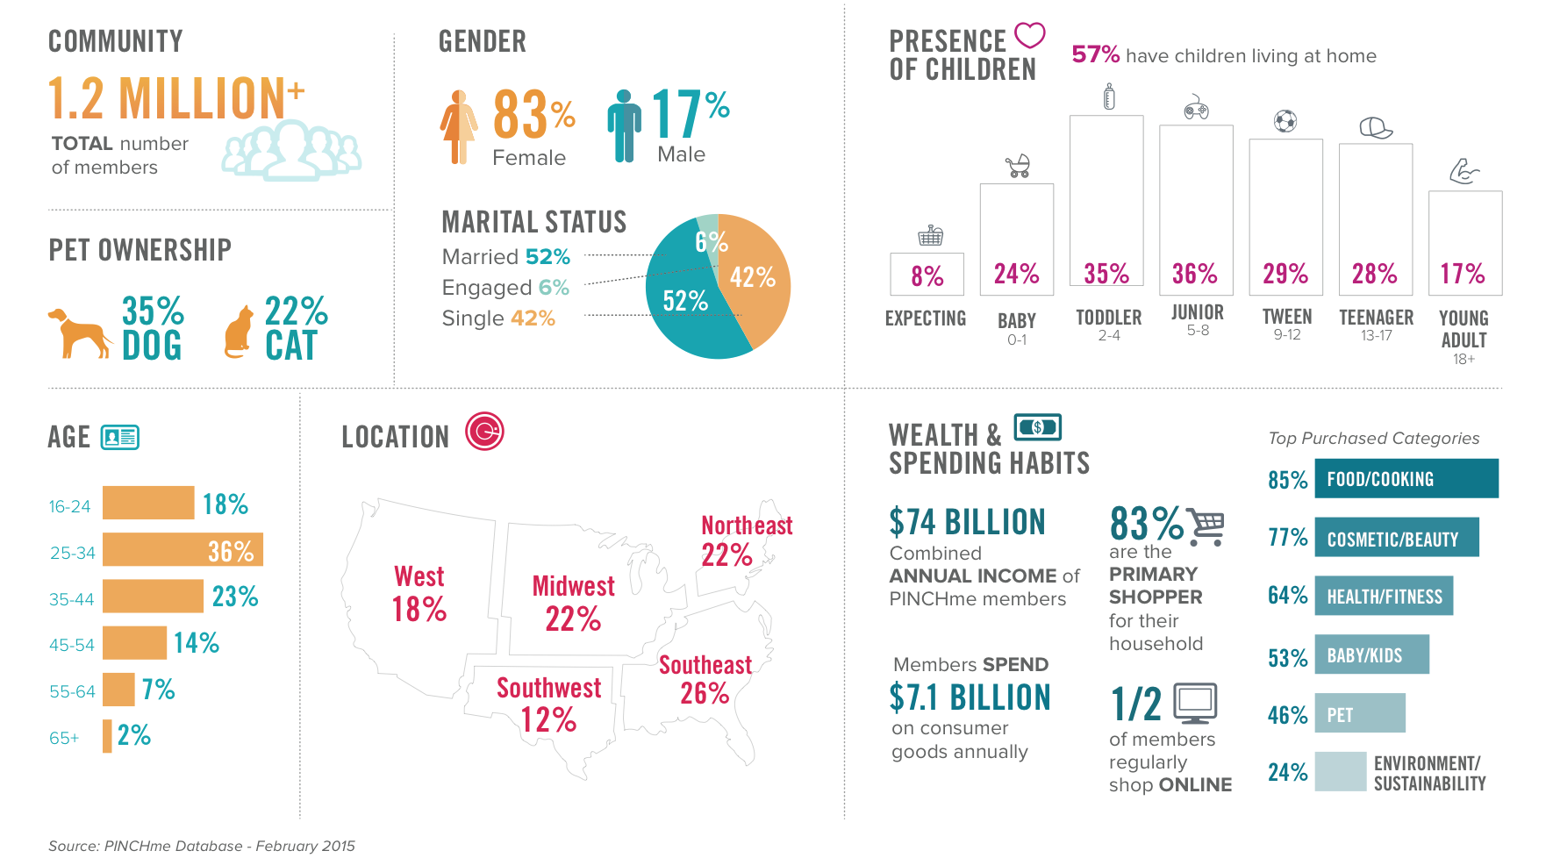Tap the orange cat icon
pos(238,333)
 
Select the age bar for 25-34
pos(182,550)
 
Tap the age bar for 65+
pos(107,736)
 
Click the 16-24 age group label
pos(70,506)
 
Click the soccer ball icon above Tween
pos(1285,120)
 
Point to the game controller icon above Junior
pos(1196,108)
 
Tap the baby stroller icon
pos(1018,166)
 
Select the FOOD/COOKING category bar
pos(1406,479)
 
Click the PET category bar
pos(1360,713)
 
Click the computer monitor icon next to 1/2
pos(1195,702)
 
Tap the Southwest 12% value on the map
pos(548,720)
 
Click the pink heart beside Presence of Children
pos(1030,36)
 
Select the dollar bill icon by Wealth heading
pos(1037,427)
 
